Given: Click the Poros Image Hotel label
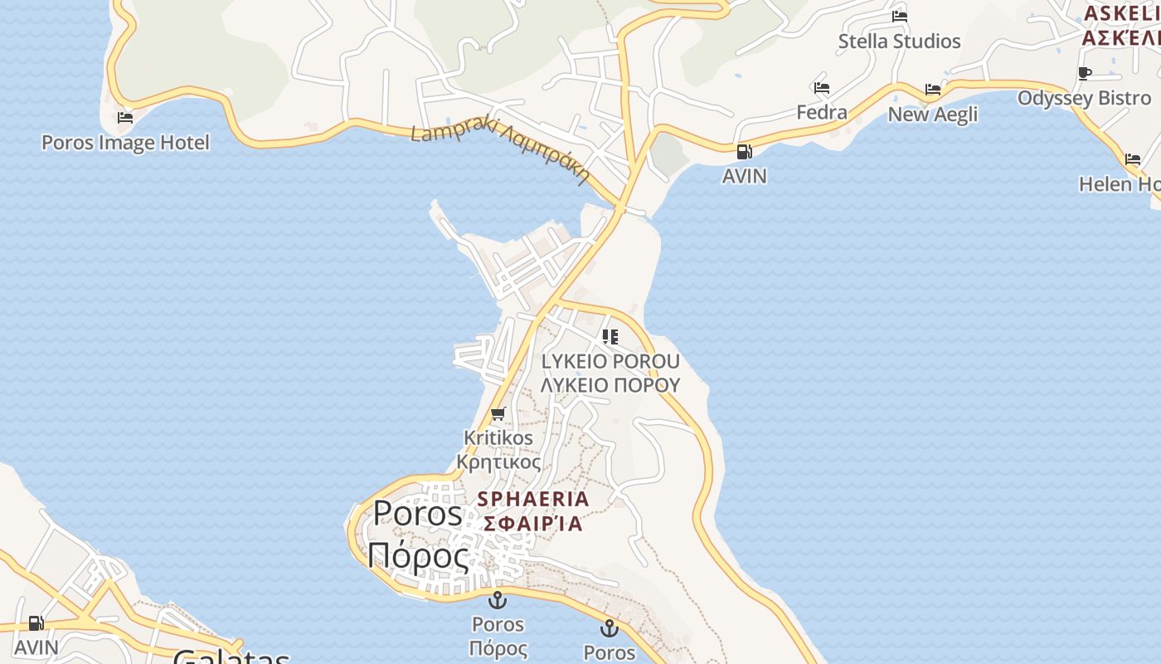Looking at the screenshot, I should [x=125, y=143].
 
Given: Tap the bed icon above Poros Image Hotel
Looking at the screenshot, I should [x=125, y=118].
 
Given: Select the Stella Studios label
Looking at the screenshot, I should [x=899, y=41].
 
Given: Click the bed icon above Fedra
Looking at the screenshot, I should [x=822, y=88].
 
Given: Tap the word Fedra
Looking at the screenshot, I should [x=822, y=112].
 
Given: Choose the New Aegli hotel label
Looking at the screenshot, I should [x=933, y=114].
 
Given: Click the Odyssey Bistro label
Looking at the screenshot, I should [x=1084, y=98].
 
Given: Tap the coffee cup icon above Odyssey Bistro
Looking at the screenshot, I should [x=1084, y=73].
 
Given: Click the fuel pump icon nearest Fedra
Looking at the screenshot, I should [x=744, y=152].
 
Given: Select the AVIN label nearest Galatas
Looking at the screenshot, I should [x=36, y=647].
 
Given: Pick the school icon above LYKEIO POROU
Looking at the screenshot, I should [x=610, y=337].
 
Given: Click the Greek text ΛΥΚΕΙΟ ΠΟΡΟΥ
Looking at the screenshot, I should [x=610, y=384].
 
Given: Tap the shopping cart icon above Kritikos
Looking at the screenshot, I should [x=498, y=413].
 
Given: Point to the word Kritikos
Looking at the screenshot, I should [x=498, y=437].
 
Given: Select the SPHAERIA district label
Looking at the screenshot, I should [x=534, y=499].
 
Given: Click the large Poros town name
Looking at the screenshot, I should [x=417, y=514].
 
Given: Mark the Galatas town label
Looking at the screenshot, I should [x=231, y=657].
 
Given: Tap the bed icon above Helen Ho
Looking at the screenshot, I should [x=1133, y=159].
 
